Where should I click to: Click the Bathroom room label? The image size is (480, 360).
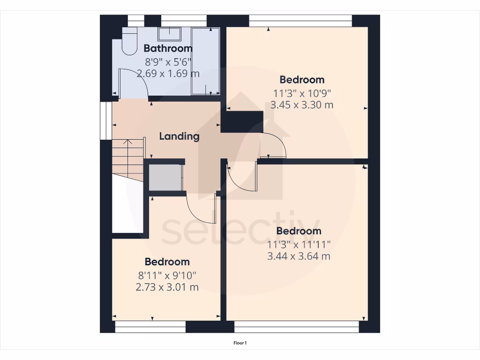tap(168, 48)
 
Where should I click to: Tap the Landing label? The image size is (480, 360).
tap(179, 136)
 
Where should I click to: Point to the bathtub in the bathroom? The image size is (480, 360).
tap(205, 61)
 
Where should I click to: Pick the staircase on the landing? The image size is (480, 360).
tap(127, 159)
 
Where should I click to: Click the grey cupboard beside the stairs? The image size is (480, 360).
tap(165, 178)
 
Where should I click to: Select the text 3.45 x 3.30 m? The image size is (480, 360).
tap(302, 105)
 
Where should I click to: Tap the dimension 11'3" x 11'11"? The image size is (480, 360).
tap(299, 244)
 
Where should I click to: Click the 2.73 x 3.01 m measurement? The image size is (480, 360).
tap(167, 287)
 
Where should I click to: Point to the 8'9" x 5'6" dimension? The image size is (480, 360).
tap(168, 61)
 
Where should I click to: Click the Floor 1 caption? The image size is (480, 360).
tap(240, 343)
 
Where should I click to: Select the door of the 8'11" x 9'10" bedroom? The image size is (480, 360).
tap(201, 209)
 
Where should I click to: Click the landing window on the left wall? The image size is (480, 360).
tap(106, 120)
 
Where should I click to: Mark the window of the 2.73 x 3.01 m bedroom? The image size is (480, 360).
tap(150, 327)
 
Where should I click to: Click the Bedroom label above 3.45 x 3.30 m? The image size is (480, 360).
tap(302, 79)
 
